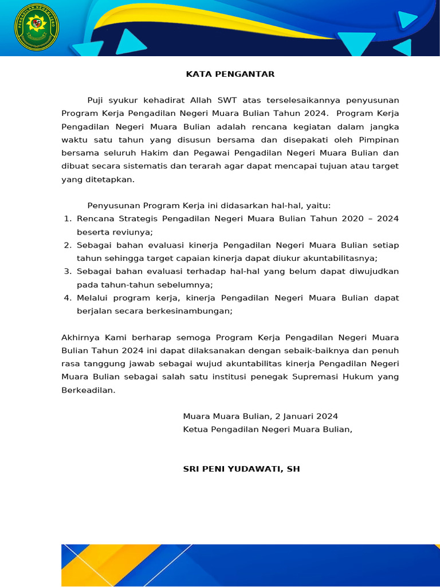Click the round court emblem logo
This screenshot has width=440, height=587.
point(37,27)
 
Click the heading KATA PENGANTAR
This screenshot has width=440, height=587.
point(230,74)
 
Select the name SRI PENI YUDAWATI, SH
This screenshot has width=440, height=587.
point(241,469)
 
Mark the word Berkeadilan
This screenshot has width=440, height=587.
point(88,390)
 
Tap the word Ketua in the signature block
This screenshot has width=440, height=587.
point(196,429)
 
